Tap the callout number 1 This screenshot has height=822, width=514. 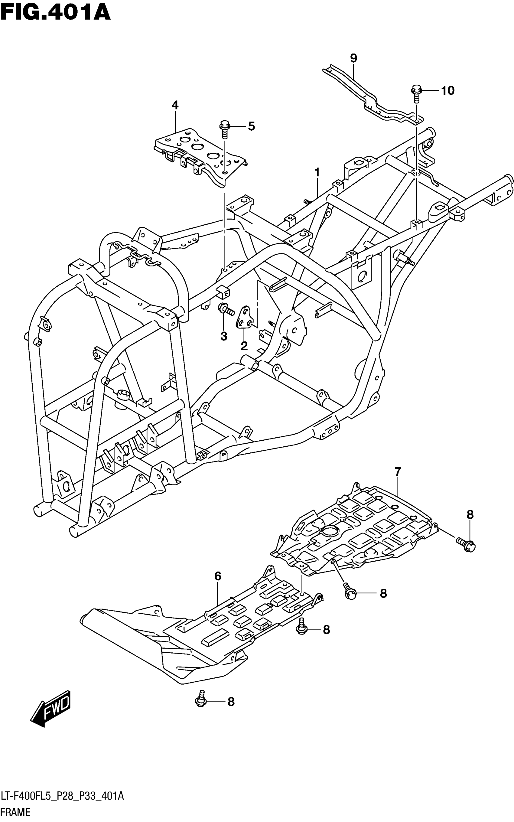point(317,173)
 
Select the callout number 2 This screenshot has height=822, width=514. point(244,346)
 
